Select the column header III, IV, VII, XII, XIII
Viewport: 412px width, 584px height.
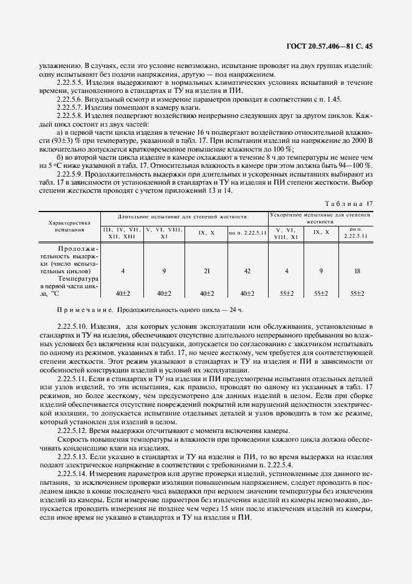122,234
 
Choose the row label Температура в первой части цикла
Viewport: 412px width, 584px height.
69,286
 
